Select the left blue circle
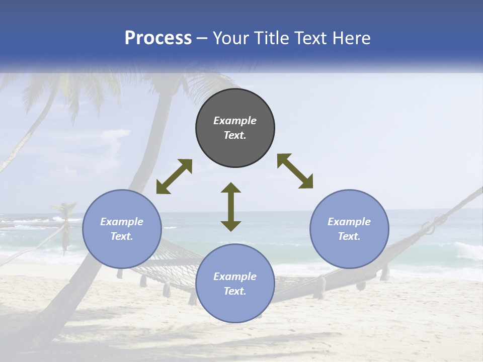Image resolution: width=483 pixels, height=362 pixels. coord(122,229)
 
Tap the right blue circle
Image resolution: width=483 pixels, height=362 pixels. coord(349,229)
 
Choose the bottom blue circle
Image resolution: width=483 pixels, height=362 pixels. coord(235,284)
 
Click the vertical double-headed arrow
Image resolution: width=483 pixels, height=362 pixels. coord(231,207)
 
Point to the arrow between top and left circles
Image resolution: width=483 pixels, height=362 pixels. coord(174,176)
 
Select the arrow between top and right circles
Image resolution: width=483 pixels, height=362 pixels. coord(295,171)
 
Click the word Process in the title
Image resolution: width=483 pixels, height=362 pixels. coord(158,38)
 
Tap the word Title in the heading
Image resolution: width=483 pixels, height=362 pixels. coord(271,38)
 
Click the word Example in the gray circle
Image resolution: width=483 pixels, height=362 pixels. coord(235,121)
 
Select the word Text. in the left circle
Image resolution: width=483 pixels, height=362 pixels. coord(122,236)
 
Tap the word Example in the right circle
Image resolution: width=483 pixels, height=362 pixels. coord(349,222)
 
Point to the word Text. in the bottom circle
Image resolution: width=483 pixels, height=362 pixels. coord(235,291)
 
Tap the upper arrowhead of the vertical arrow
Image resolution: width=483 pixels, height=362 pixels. coord(231,187)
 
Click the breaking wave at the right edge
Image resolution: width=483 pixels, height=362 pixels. coord(468,250)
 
